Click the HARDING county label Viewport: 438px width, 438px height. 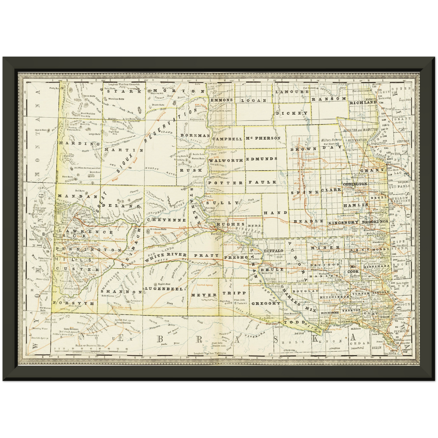coord(75,143)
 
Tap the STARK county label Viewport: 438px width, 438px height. coord(123,91)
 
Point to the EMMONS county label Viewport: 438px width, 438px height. coord(222,100)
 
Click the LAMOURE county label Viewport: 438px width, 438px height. coord(292,92)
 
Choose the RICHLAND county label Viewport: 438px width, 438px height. coord(363,103)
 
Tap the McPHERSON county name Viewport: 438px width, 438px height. coord(263,138)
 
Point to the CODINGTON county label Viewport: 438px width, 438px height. coord(355,184)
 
